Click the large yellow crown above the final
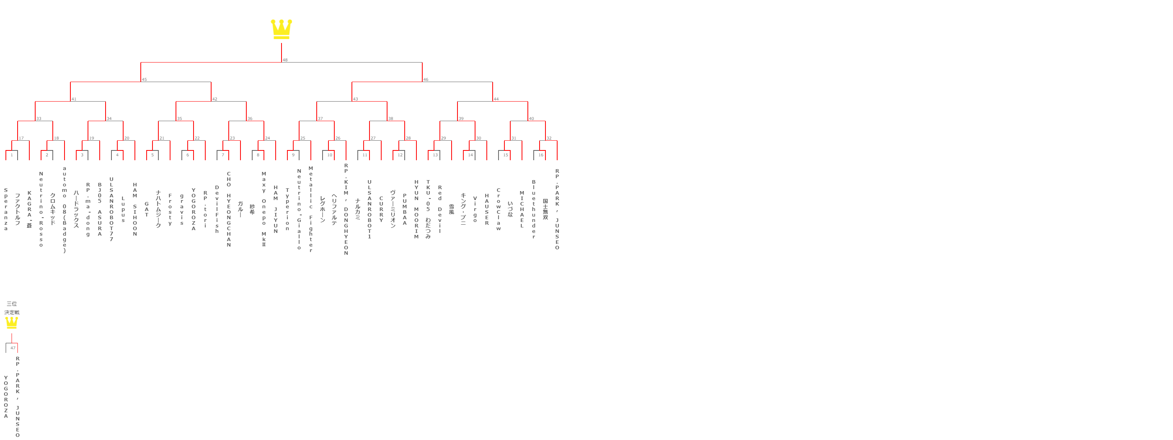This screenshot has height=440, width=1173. click(281, 29)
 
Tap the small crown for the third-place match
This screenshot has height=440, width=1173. click(11, 323)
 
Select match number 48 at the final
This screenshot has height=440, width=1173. click(285, 60)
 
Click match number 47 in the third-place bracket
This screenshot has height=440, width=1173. click(13, 348)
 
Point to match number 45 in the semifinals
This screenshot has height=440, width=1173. click(144, 80)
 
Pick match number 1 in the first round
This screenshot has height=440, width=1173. click(12, 155)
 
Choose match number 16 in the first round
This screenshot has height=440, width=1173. click(540, 155)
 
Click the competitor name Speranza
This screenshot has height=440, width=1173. click(6, 209)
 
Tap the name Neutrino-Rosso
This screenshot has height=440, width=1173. click(41, 209)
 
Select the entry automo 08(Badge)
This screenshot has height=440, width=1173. click(65, 209)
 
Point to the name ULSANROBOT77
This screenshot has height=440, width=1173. click(111, 209)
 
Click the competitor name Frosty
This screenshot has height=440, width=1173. click(170, 209)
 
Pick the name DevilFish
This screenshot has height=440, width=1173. click(217, 209)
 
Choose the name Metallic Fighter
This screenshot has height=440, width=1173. click(311, 209)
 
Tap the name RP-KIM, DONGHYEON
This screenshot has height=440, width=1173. click(346, 209)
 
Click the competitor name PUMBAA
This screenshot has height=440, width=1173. click(404, 209)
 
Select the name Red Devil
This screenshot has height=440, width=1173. click(440, 209)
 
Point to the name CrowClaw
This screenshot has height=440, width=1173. click(499, 209)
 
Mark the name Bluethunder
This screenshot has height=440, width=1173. click(534, 209)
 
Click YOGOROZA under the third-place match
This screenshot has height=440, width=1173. click(6, 396)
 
